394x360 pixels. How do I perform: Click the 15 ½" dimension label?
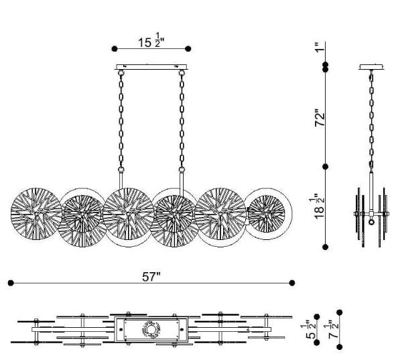click(151, 40)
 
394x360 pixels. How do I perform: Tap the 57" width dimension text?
click(151, 277)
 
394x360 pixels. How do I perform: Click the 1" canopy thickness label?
click(320, 47)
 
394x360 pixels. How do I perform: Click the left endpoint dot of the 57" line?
click(11, 283)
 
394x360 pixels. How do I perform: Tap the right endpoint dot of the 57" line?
click(291, 283)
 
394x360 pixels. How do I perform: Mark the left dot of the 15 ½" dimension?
click(115, 48)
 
